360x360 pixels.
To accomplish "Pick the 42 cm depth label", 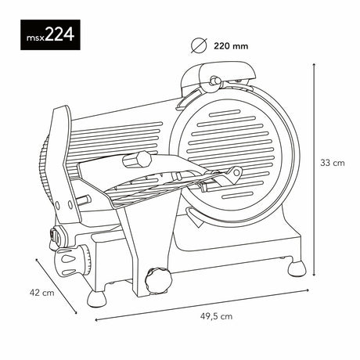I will pyautogui.click(x=41, y=293).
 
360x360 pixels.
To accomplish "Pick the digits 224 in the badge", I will pyautogui.click(x=58, y=34).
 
